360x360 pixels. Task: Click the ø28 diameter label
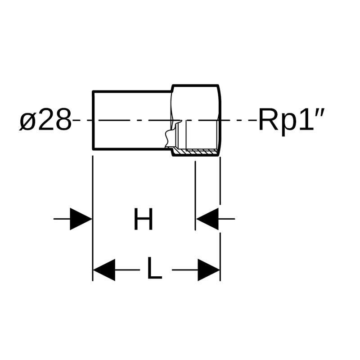45,120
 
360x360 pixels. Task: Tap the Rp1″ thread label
291,121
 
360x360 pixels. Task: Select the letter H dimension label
143,219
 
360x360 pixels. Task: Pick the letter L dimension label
154,268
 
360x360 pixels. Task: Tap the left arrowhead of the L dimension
104,270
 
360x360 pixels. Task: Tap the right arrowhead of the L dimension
209,270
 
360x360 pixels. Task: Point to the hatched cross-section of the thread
195,152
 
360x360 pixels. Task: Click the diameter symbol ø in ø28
28,120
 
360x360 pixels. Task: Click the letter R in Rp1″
268,120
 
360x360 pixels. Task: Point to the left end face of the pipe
93,120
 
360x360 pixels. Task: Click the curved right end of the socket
219,120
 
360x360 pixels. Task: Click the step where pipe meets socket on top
172,89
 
